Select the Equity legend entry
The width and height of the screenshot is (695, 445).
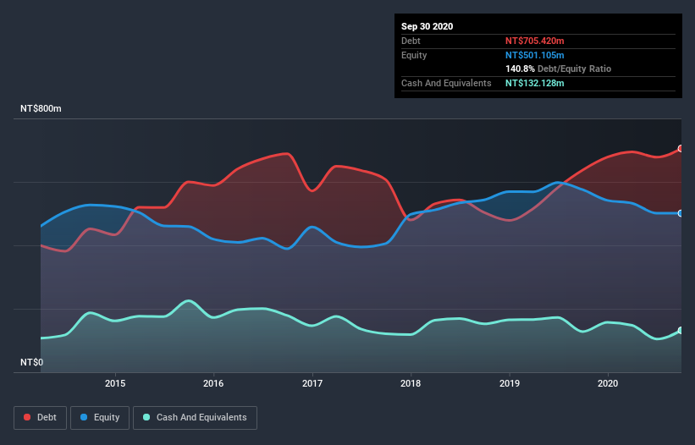click(100, 417)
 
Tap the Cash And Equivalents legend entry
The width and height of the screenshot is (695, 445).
click(195, 417)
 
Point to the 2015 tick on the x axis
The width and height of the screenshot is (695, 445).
click(115, 382)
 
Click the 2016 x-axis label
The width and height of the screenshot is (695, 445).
click(214, 382)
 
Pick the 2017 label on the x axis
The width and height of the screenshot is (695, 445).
click(313, 382)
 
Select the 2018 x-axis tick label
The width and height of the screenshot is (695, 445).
click(411, 382)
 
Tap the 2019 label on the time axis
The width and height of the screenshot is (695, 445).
click(510, 382)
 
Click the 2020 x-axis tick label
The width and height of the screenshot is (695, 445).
click(608, 382)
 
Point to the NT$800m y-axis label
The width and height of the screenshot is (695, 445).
click(41, 109)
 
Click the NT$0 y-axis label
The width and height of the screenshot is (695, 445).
click(32, 362)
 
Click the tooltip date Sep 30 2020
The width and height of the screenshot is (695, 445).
click(427, 26)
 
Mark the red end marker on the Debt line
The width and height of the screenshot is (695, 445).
click(681, 149)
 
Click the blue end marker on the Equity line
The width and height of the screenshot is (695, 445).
click(681, 213)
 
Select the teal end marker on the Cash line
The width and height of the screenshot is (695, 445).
click(681, 331)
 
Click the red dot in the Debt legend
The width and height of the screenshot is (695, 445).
click(28, 417)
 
